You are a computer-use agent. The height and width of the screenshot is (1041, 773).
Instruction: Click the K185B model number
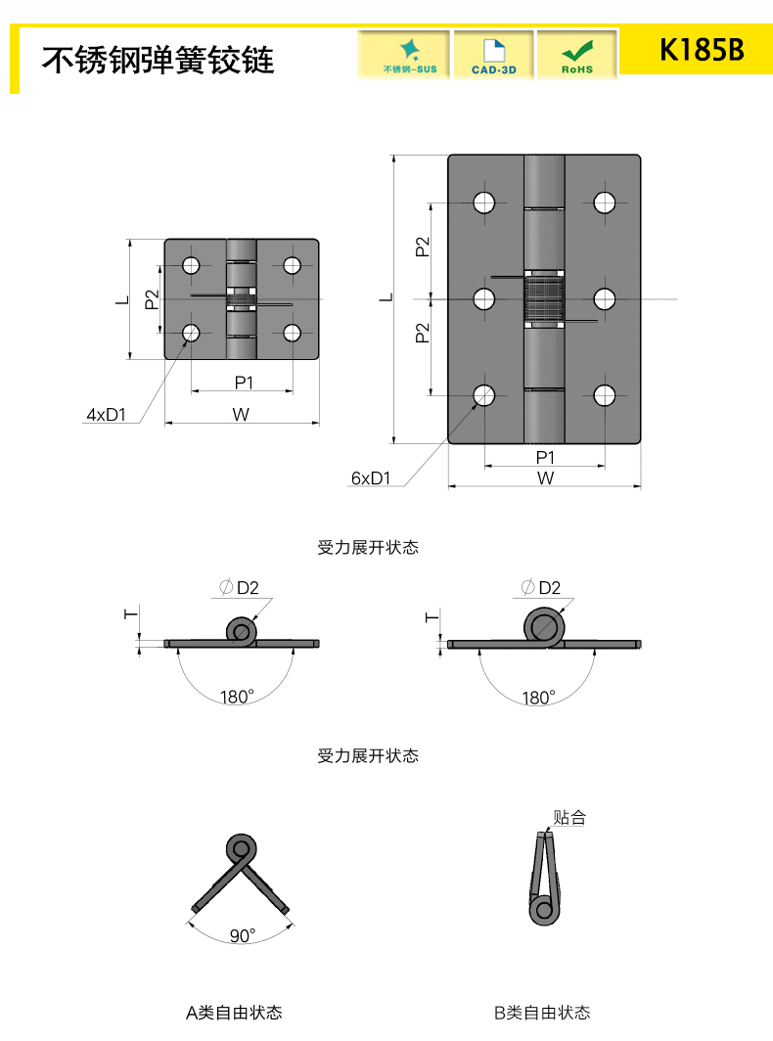(702, 50)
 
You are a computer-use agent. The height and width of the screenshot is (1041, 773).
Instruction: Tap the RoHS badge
(577, 54)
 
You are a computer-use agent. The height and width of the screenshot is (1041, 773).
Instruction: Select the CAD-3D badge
(494, 54)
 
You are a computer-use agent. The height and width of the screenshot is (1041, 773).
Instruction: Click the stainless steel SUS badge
(404, 54)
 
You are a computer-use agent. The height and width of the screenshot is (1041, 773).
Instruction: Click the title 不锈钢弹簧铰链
(158, 60)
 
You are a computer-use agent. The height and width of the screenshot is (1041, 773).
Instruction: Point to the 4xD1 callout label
(107, 415)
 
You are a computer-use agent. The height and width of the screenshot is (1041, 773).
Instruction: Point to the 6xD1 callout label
(370, 478)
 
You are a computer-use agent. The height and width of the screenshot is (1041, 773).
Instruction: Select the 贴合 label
(568, 818)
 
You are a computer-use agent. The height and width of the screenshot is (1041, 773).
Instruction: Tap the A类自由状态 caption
(234, 1013)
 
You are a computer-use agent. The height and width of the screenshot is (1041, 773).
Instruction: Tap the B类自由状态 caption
(542, 1013)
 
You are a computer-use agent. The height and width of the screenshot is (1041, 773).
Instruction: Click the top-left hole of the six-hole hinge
(484, 203)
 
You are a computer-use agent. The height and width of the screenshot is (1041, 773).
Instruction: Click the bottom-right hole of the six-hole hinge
(604, 395)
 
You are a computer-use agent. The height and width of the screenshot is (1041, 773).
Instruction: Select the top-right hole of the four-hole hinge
(292, 264)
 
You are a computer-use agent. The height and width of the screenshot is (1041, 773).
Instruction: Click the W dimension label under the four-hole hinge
(241, 414)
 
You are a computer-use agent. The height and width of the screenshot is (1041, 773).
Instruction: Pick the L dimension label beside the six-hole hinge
(386, 297)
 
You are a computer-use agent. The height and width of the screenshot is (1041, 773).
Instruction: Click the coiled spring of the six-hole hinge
(545, 297)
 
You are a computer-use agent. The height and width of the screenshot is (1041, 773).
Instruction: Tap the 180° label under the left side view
(237, 698)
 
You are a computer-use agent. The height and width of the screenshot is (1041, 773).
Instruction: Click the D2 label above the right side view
(549, 588)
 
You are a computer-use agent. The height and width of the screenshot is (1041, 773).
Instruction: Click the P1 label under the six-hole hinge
(545, 457)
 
